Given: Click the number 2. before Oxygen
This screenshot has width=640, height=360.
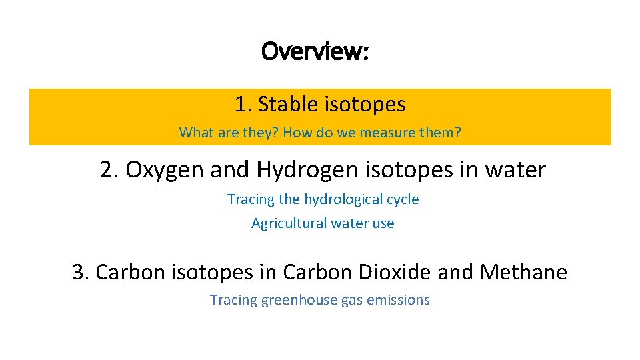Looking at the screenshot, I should [x=110, y=170].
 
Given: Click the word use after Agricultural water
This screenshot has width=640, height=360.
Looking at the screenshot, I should [x=383, y=223].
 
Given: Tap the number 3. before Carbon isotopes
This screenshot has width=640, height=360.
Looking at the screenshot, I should [x=82, y=272].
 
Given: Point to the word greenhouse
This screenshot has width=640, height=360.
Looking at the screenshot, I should [x=299, y=301].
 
